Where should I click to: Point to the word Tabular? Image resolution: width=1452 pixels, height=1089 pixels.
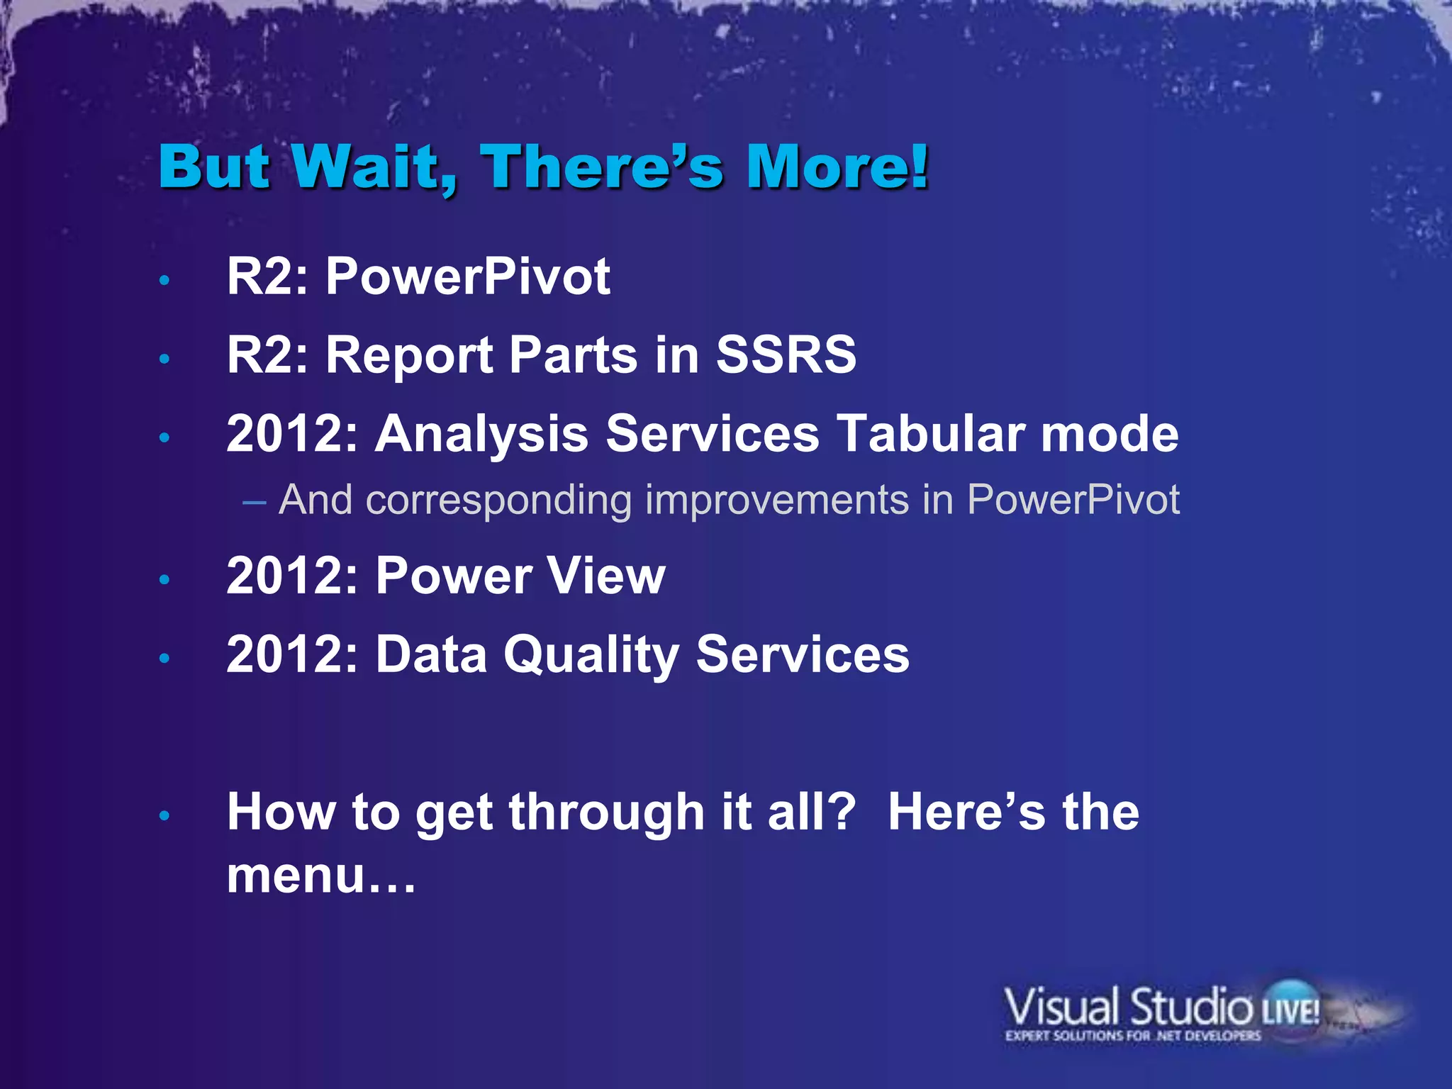click(929, 433)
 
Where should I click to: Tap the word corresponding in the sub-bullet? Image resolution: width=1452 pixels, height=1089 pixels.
click(498, 500)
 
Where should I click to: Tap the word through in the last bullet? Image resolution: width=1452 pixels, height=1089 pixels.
click(606, 812)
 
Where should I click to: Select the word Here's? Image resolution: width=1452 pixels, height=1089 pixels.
click(966, 812)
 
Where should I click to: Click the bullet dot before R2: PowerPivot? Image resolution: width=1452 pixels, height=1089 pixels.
click(164, 281)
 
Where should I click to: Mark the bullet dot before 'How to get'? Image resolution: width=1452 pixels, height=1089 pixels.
click(164, 816)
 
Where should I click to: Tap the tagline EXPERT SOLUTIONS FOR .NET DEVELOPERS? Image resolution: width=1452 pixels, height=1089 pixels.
click(1132, 1036)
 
